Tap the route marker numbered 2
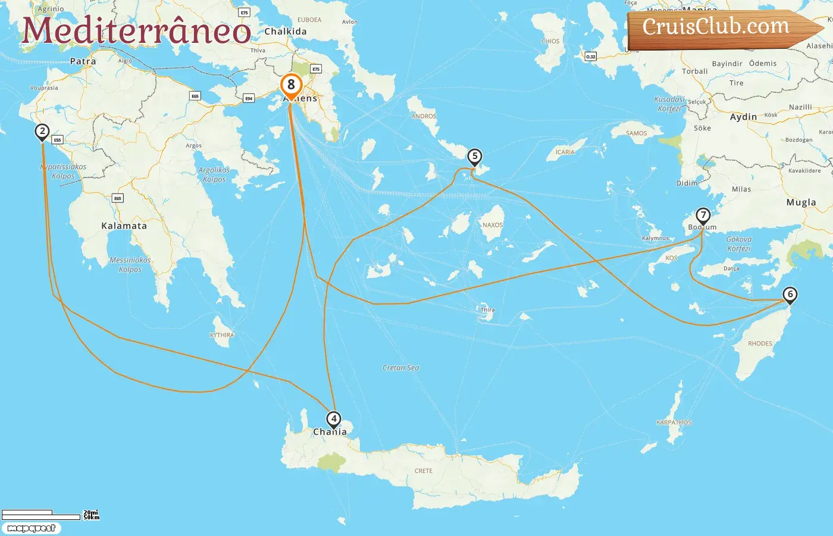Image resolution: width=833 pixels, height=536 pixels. tap(42, 132)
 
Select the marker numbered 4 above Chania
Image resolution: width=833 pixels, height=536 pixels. tap(334, 419)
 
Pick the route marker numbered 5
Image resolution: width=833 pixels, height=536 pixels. tap(474, 157)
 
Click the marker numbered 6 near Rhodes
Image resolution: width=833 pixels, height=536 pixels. tap(790, 294)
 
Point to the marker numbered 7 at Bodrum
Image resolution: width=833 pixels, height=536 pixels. tap(703, 215)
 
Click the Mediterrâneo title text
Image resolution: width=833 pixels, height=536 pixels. tap(137, 31)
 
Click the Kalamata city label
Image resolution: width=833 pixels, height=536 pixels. tap(124, 226)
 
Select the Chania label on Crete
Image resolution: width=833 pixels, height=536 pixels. tap(330, 432)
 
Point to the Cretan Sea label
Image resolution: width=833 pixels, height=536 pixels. tap(400, 368)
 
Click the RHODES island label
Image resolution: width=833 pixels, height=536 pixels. tap(760, 344)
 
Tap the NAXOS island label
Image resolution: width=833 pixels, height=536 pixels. tap(493, 225)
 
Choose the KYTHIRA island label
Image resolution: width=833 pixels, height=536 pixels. tap(222, 335)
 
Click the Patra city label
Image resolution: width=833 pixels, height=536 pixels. tap(83, 61)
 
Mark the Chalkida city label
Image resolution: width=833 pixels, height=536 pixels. tap(286, 32)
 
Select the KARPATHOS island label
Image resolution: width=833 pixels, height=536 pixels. tap(674, 423)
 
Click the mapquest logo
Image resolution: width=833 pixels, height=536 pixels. tap(31, 528)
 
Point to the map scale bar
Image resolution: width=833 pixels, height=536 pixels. tap(42, 515)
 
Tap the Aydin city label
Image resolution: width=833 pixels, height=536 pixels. tap(743, 117)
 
